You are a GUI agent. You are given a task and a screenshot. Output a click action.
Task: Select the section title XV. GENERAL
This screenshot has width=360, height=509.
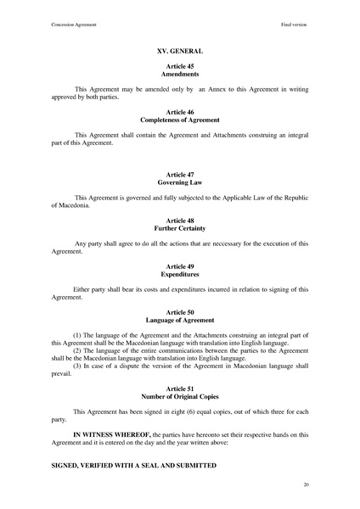[x=179, y=51]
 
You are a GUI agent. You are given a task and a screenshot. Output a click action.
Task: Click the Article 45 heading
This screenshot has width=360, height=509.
[x=179, y=66]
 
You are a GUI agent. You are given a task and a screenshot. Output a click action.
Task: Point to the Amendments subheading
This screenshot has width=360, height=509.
[x=179, y=74]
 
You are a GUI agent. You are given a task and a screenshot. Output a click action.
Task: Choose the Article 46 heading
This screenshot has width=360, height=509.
[x=179, y=112]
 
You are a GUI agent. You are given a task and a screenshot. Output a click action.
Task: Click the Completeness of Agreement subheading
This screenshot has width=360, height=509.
[x=179, y=120]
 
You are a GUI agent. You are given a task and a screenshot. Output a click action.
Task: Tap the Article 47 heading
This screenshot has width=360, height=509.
[x=179, y=174]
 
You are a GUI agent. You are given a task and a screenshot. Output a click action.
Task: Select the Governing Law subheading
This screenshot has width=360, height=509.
[x=179, y=182]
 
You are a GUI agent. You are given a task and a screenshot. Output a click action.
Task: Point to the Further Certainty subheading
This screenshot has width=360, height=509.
[x=179, y=228]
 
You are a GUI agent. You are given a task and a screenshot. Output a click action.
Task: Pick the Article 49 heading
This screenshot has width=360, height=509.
[x=179, y=266]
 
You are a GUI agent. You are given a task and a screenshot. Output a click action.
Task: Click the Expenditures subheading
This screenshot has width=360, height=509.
[x=179, y=274]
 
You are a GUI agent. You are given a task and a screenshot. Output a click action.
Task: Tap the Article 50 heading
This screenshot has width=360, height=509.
[x=179, y=312]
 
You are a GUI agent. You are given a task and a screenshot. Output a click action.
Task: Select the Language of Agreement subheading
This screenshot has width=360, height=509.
[x=179, y=320]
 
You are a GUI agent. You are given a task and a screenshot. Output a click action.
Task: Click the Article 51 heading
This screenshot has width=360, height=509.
[x=179, y=389]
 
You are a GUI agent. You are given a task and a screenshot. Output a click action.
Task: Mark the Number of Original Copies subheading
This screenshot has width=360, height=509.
[x=179, y=396]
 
